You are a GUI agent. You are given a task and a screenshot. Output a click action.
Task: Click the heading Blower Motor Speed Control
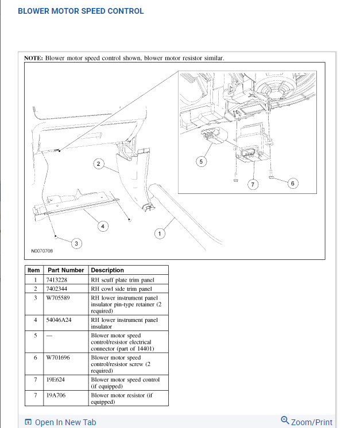coord(81,11)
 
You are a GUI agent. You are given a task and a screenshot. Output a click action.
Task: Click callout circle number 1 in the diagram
coord(160,233)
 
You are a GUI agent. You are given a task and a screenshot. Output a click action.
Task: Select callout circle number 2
coord(98,164)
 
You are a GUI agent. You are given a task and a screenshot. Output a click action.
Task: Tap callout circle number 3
coord(77,244)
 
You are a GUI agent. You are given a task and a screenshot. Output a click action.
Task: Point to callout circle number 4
coord(103,226)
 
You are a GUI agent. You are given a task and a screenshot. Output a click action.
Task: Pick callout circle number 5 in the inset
coord(200,162)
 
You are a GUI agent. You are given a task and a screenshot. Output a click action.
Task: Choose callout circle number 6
coord(292,184)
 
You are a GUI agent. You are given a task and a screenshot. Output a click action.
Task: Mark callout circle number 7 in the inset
coord(251,184)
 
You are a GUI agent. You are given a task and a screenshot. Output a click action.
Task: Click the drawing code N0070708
coord(42,251)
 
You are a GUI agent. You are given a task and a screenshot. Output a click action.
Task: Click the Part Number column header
coord(65,270)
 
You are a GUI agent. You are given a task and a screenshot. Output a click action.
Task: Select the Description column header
coord(107,270)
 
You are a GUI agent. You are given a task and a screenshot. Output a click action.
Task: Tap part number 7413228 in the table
coord(57,280)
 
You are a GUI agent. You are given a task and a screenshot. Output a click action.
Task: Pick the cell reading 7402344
coord(57,289)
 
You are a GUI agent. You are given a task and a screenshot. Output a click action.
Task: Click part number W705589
coord(58,298)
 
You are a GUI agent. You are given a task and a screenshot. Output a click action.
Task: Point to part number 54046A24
coord(59,320)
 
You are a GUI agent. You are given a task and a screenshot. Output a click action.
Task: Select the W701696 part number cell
coord(59,357)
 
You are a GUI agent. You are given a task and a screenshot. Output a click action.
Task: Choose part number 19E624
coord(55,380)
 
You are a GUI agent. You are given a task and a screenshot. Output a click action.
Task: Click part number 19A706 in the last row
coord(56,395)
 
